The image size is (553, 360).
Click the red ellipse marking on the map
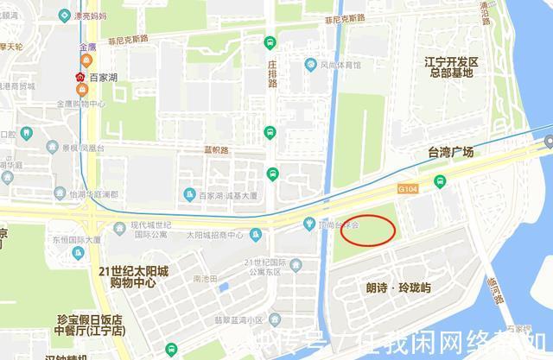(x=368, y=230)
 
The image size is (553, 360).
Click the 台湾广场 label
(x=450, y=152)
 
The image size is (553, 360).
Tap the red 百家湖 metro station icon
(x=80, y=78)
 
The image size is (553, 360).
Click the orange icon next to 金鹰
(x=86, y=61)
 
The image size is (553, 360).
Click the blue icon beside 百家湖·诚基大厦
(x=189, y=194)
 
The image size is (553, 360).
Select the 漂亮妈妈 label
(x=90, y=16)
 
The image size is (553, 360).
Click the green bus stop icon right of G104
(x=440, y=180)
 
